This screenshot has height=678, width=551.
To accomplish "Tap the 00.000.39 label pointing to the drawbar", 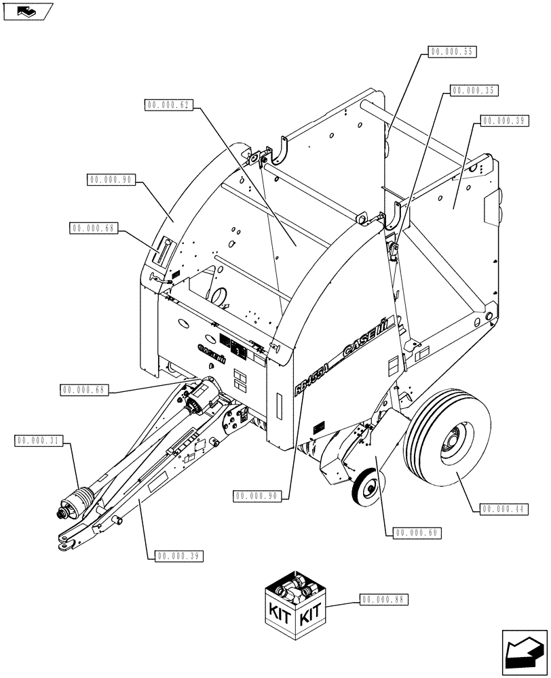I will (x=179, y=555).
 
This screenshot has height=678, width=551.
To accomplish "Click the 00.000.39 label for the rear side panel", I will (x=504, y=121).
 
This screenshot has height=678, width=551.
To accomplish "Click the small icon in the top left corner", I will (x=26, y=11).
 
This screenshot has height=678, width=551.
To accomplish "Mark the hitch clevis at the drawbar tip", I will (x=66, y=541).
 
